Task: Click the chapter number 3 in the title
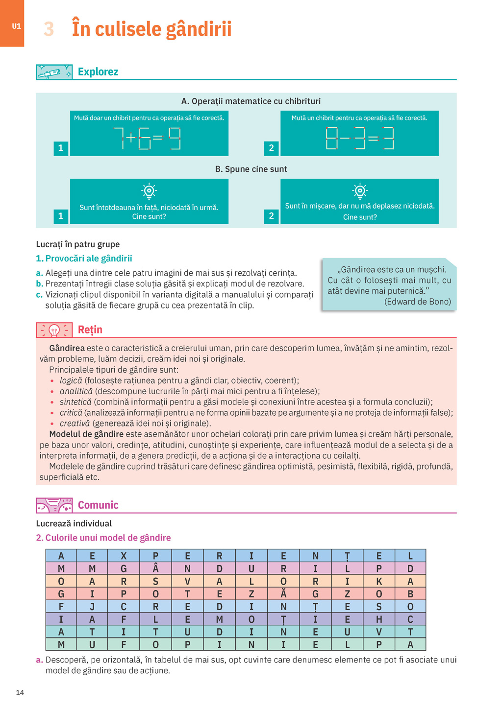tap(49, 29)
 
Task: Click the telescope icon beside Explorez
tap(54, 72)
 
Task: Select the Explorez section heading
tap(98, 72)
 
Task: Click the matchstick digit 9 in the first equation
tap(175, 139)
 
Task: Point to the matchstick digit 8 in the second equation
tap(332, 139)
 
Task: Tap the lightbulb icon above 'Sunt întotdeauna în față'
tap(149, 191)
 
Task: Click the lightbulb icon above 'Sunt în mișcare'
tap(360, 190)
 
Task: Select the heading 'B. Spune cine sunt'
tap(251, 169)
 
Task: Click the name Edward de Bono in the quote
tap(418, 302)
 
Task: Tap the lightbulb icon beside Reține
tap(54, 331)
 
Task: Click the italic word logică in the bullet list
tap(71, 380)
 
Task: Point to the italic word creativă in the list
tap(75, 424)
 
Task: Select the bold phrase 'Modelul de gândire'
tap(86, 434)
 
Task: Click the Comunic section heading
tap(98, 505)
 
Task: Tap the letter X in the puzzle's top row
tap(124, 556)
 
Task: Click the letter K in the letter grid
tap(379, 581)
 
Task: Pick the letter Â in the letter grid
tap(155, 568)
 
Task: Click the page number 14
tap(20, 692)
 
